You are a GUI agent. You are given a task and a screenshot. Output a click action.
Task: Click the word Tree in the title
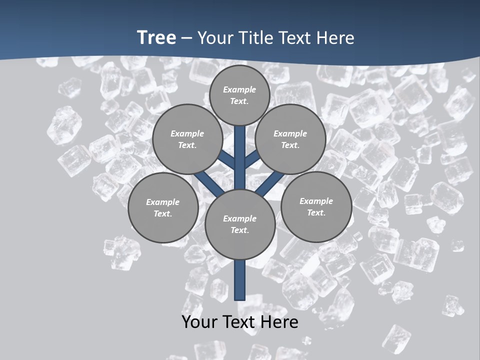(156, 37)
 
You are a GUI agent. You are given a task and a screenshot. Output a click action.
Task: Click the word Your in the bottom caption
(199, 322)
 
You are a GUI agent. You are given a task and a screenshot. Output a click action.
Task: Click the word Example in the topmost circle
(239, 89)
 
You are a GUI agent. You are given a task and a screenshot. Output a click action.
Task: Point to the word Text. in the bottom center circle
(239, 230)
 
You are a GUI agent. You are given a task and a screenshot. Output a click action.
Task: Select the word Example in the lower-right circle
(316, 201)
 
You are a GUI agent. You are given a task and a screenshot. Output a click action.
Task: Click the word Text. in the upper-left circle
(187, 145)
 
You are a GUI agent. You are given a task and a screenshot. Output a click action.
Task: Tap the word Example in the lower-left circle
(162, 202)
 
